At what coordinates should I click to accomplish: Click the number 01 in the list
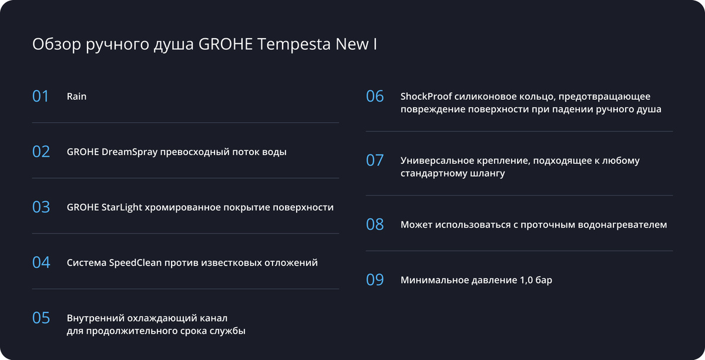41,96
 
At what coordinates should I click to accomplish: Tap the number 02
41,152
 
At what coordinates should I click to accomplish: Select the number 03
41,207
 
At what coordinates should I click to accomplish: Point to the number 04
41,263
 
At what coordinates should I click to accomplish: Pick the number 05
41,318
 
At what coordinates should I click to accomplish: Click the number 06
375,96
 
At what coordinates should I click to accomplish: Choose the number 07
375,160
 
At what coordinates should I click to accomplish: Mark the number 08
375,225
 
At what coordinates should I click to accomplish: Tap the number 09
375,280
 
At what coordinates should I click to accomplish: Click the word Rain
76,96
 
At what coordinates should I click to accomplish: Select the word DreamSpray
129,152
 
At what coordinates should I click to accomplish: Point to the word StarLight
122,208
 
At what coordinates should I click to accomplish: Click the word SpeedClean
135,263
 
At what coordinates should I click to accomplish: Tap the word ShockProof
426,97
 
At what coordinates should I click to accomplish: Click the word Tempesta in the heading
294,45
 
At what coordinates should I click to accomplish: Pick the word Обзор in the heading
56,44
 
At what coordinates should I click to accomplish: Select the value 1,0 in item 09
525,280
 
